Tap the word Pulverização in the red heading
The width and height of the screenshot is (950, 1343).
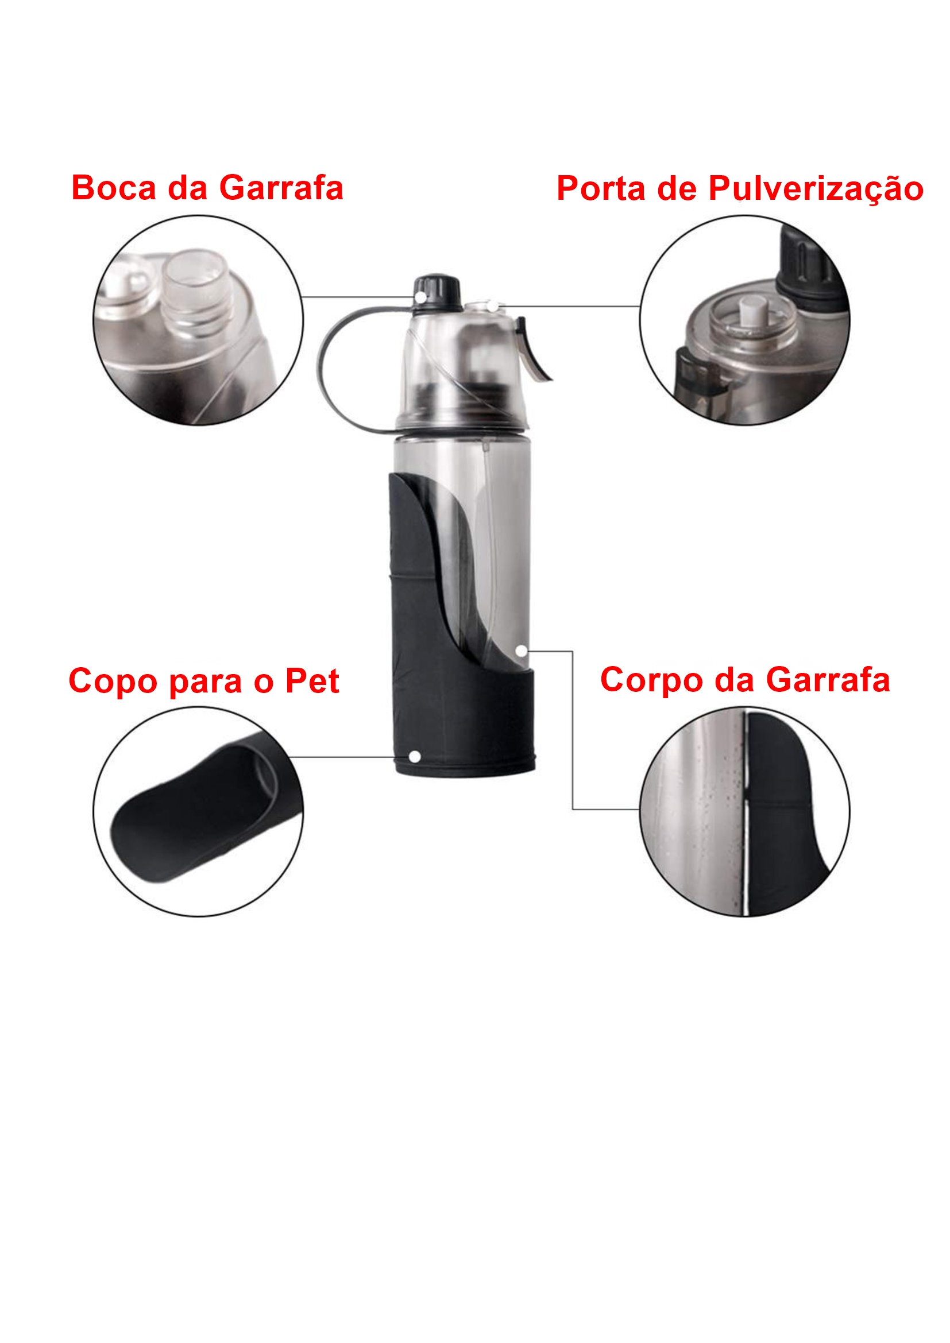point(816,190)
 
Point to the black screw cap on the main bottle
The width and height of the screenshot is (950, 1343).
point(437,291)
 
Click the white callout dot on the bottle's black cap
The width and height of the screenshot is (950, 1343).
point(420,298)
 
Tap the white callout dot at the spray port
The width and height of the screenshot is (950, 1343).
point(493,306)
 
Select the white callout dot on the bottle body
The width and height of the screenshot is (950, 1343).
point(521,651)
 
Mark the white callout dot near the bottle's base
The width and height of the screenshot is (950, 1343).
point(415,757)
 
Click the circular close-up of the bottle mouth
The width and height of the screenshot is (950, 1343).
point(198,320)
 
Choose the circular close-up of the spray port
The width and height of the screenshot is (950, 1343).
point(745,320)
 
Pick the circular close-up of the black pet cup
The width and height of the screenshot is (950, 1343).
point(198,811)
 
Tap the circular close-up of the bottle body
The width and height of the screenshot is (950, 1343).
point(745,811)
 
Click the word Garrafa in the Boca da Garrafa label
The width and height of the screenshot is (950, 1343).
point(281,188)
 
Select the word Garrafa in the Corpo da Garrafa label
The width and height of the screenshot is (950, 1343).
point(828,680)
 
